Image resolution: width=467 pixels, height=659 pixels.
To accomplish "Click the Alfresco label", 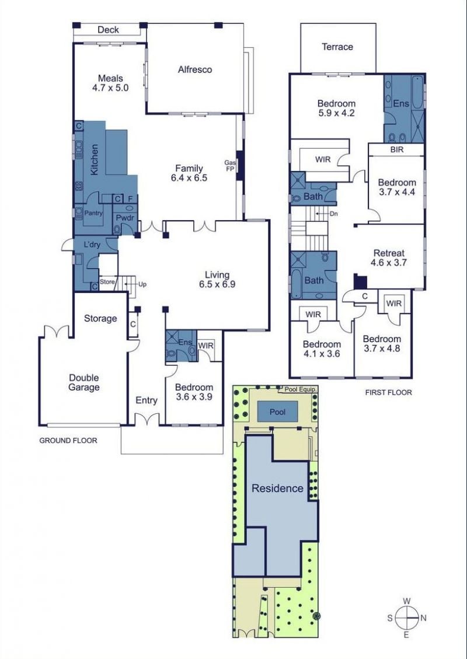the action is pyautogui.click(x=194, y=70).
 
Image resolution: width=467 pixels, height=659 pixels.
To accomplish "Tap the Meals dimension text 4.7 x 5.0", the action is pyautogui.click(x=110, y=88).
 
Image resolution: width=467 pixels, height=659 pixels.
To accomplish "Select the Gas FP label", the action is pyautogui.click(x=229, y=165).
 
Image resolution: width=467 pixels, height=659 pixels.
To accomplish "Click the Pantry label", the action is pyautogui.click(x=93, y=213).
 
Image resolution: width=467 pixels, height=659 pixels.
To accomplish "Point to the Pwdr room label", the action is pyautogui.click(x=125, y=218).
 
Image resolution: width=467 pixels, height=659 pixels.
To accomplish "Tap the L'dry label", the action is pyautogui.click(x=92, y=245).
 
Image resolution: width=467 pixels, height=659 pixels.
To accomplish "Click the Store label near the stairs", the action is pyautogui.click(x=107, y=282).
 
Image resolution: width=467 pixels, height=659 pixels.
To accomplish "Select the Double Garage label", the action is pyautogui.click(x=84, y=382).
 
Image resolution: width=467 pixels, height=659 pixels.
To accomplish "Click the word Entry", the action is pyautogui.click(x=147, y=400).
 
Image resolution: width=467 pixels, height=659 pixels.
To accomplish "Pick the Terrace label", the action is pyautogui.click(x=337, y=47).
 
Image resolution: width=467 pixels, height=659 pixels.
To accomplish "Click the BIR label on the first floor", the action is pyautogui.click(x=397, y=149).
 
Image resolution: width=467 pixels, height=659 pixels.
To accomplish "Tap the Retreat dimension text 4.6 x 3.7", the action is pyautogui.click(x=389, y=263).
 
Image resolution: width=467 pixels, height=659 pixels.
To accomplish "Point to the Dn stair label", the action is pyautogui.click(x=334, y=214).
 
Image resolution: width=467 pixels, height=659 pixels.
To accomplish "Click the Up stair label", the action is pyautogui.click(x=142, y=284).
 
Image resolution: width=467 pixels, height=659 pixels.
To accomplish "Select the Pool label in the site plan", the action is pyautogui.click(x=277, y=412).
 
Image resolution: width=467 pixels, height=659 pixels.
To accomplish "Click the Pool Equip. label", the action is pyautogui.click(x=300, y=389).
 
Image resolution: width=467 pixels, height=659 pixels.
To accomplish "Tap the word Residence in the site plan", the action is pyautogui.click(x=277, y=489).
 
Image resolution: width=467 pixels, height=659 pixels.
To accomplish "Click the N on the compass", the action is pyautogui.click(x=423, y=618).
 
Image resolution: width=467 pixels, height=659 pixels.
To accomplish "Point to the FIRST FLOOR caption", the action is pyautogui.click(x=388, y=393).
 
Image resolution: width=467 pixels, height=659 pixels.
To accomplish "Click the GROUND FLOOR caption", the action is pyautogui.click(x=68, y=441).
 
